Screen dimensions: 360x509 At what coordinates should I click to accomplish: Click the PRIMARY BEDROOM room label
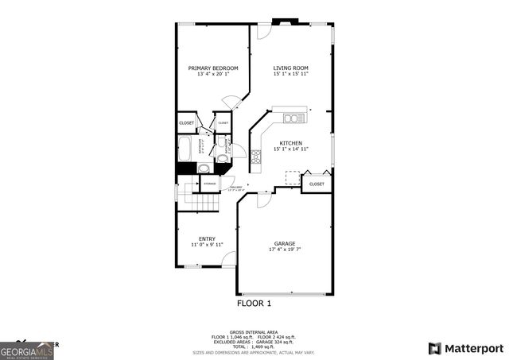tap(213, 68)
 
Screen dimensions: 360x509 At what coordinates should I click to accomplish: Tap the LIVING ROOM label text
tap(290, 68)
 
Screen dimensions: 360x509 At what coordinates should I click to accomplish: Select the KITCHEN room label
tap(290, 143)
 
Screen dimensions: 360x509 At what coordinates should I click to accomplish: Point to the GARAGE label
tap(285, 243)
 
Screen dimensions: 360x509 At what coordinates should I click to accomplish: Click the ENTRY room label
tap(207, 238)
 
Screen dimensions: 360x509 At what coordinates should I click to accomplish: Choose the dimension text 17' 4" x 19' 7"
tap(285, 250)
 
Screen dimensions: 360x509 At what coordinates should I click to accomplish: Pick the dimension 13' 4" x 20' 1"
tap(213, 75)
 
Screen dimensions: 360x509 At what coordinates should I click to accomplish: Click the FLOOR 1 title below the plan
tap(254, 304)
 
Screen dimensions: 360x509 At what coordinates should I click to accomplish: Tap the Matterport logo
tap(466, 348)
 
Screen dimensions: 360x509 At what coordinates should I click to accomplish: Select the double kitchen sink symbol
tap(291, 119)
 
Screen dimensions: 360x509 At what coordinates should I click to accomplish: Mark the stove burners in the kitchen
tap(256, 156)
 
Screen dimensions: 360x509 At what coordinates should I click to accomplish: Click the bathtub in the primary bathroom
tap(185, 148)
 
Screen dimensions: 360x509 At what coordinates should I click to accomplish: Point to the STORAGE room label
tap(210, 184)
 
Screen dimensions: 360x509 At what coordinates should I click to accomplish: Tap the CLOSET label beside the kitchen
tap(317, 184)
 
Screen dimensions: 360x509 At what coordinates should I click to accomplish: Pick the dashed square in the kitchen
tap(293, 177)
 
